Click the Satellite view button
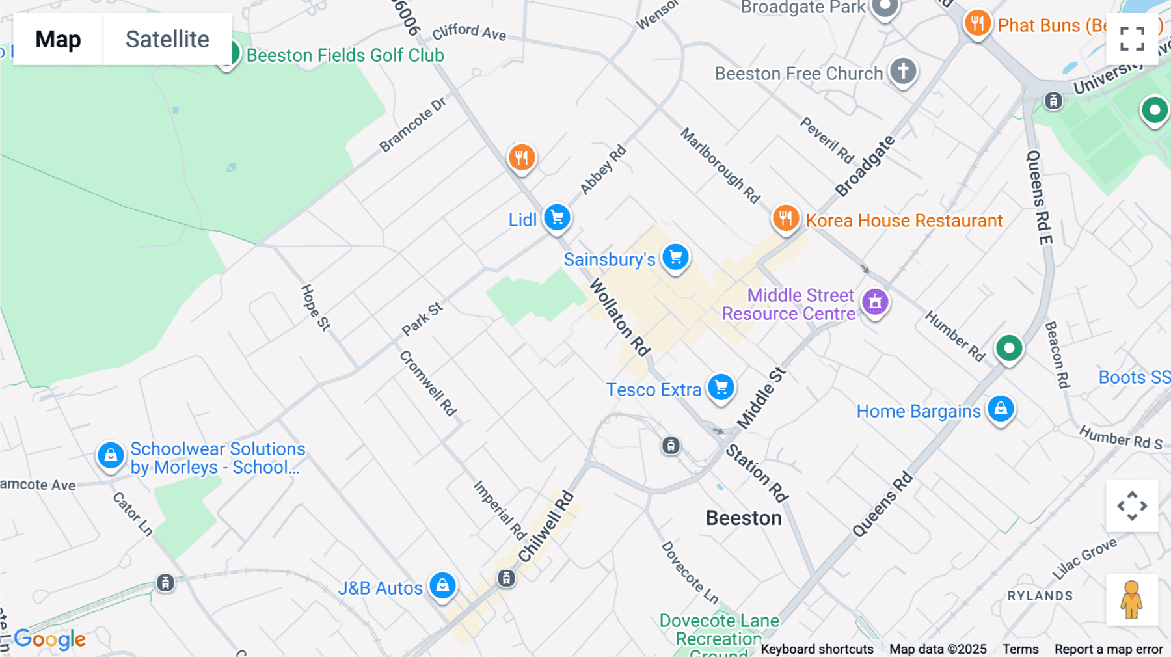point(167,39)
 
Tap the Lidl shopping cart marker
point(557,217)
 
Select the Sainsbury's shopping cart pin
point(675,257)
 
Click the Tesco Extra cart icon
point(721,388)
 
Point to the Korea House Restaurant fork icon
point(786,218)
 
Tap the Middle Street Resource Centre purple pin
point(875,302)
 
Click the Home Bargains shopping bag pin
point(1001,409)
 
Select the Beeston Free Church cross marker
point(903,71)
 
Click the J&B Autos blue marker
point(442,585)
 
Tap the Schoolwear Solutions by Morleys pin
point(111,455)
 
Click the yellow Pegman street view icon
point(1132,600)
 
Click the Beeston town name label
point(744,518)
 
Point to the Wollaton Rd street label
point(620,317)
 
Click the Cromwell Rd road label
point(428,383)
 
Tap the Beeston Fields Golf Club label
point(345,55)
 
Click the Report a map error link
point(1109,649)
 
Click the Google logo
point(50,639)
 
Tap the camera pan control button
point(1132,506)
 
